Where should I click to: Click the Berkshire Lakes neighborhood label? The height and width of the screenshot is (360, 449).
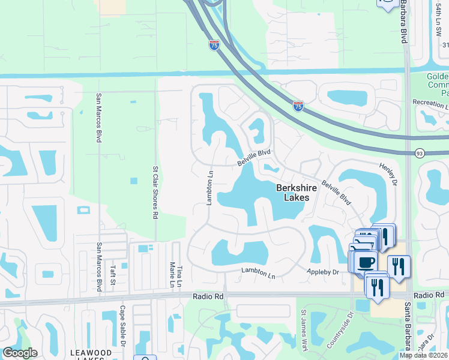(x=293, y=193)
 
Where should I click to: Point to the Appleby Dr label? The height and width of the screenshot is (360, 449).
(x=324, y=272)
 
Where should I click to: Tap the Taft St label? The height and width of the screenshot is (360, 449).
(x=112, y=272)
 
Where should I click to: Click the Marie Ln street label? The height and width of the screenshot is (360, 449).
(x=172, y=274)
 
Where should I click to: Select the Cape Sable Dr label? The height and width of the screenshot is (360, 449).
(x=122, y=326)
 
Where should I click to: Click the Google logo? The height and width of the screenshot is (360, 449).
(x=20, y=353)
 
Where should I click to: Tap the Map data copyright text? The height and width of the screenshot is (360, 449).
(x=424, y=355)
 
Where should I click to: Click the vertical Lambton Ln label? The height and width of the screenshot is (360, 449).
(x=210, y=187)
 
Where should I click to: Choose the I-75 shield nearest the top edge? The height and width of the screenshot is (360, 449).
(x=214, y=44)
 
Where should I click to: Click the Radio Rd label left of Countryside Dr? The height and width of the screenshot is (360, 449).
(x=208, y=296)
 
